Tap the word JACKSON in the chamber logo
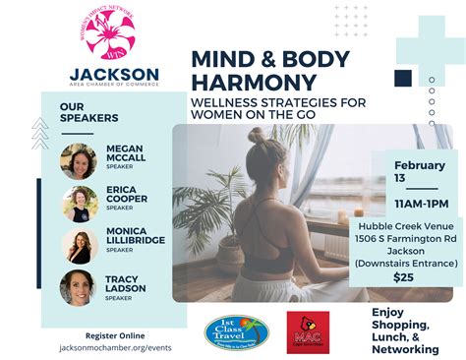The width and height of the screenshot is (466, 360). tap(115, 74)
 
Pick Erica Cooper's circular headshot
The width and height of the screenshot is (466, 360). tap(80, 203)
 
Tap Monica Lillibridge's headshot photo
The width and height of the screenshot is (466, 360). tap(80, 246)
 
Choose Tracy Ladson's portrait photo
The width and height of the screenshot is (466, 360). tap(78, 287)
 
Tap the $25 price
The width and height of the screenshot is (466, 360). tap(403, 278)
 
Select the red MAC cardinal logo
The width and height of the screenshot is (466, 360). tap(308, 332)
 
